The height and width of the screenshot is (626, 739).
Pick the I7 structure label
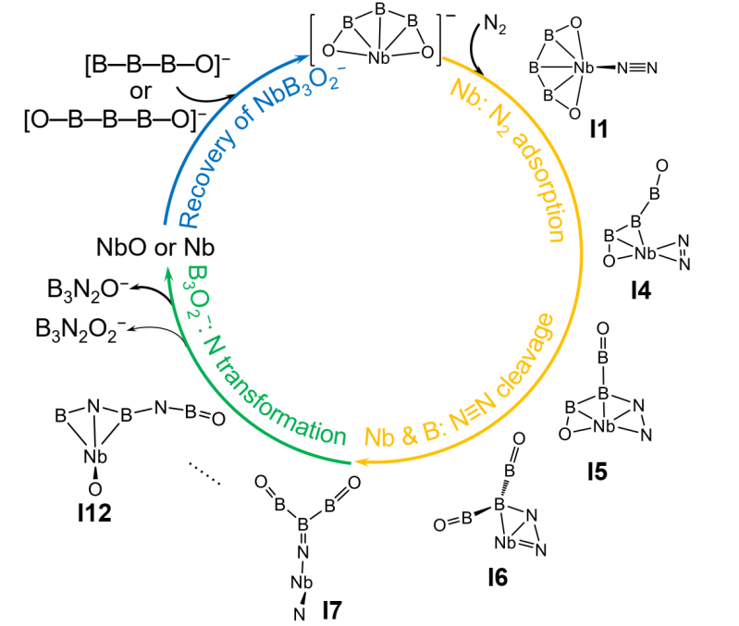coord(336,607)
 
